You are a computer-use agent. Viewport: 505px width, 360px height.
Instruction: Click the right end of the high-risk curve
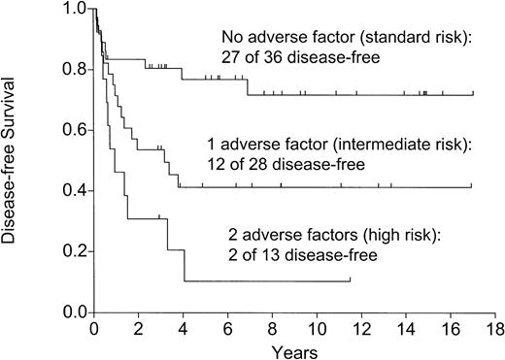click(350, 281)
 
